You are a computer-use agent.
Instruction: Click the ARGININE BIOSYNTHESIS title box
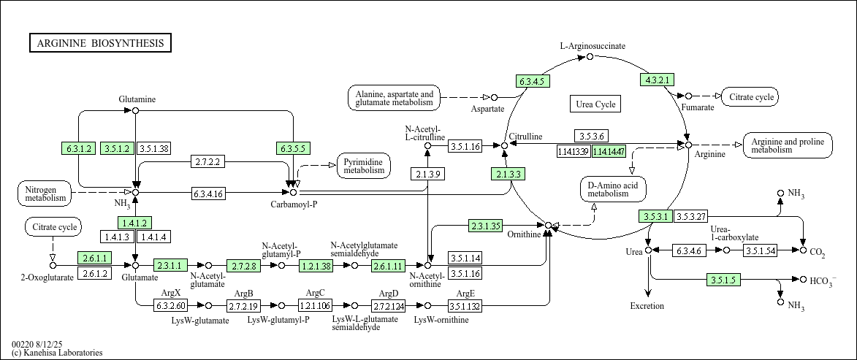pyautogui.click(x=100, y=43)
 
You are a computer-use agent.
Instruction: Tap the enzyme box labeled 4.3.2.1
pyautogui.click(x=657, y=80)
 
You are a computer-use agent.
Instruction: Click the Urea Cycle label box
pyautogui.click(x=595, y=104)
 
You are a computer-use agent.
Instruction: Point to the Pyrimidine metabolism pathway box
pyautogui.click(x=364, y=166)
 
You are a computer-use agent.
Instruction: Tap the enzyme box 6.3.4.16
pyautogui.click(x=208, y=194)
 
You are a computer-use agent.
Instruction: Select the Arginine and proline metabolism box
pyautogui.click(x=788, y=145)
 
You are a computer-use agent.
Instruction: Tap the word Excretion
pyautogui.click(x=647, y=306)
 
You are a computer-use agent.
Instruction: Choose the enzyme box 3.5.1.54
pyautogui.click(x=761, y=250)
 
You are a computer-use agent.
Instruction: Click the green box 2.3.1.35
pyautogui.click(x=486, y=226)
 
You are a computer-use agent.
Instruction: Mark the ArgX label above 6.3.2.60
pyautogui.click(x=166, y=294)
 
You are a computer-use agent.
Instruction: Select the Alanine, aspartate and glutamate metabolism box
pyautogui.click(x=395, y=99)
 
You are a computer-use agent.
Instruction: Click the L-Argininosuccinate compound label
pyautogui.click(x=593, y=46)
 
